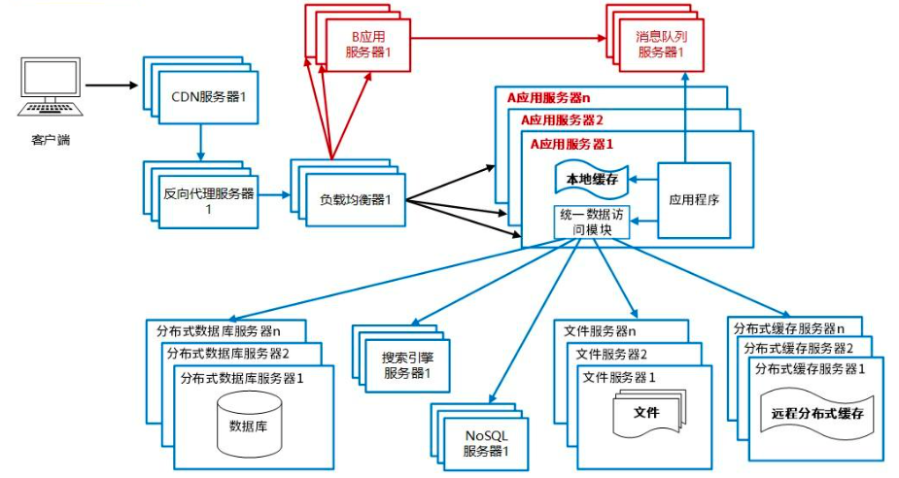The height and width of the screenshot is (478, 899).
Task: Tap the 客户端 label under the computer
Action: pos(50,141)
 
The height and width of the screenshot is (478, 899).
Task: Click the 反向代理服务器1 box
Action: pos(208,202)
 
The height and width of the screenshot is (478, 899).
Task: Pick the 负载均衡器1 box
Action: pos(355,200)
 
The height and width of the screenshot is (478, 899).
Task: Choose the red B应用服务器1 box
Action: pos(368,46)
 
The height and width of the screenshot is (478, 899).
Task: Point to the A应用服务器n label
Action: pos(548,97)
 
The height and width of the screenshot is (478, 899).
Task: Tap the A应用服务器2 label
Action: pos(562,119)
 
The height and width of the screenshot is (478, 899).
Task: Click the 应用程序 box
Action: pos(694,199)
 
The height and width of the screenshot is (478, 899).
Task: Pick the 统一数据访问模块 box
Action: pos(592,222)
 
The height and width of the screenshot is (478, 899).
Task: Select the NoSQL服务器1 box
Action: pos(486,442)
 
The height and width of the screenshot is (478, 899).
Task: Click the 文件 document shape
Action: pos(646,413)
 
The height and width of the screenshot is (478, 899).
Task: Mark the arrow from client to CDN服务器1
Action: pos(112,85)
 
